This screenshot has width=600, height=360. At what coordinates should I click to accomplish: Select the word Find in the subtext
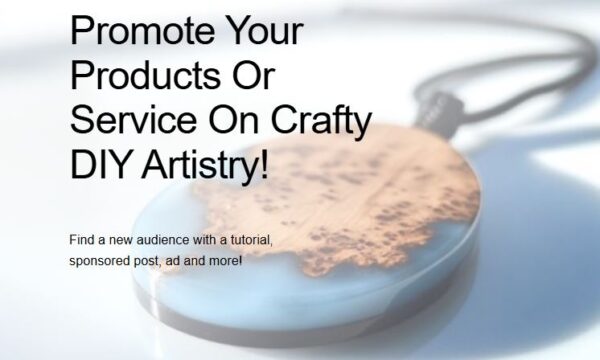(x=82, y=241)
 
